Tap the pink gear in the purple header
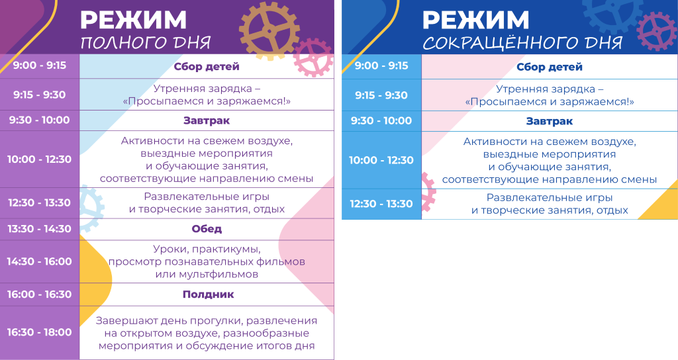[x=313, y=57]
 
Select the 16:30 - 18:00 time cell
[x=39, y=332]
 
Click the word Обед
[x=207, y=229]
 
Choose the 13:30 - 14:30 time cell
[x=39, y=229]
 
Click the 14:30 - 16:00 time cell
[x=39, y=261]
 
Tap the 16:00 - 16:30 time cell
[x=39, y=294]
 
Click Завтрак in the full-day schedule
[x=207, y=120]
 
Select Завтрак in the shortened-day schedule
[x=550, y=121]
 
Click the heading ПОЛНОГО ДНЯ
[x=145, y=44]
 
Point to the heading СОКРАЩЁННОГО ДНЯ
[x=522, y=44]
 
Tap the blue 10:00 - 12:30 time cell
[x=381, y=160]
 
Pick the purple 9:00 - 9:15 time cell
[x=39, y=66]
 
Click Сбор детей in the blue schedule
[x=550, y=67]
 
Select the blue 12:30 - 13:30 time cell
[x=381, y=204]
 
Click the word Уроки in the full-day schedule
[x=170, y=249]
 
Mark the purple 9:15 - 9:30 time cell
[x=39, y=95]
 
